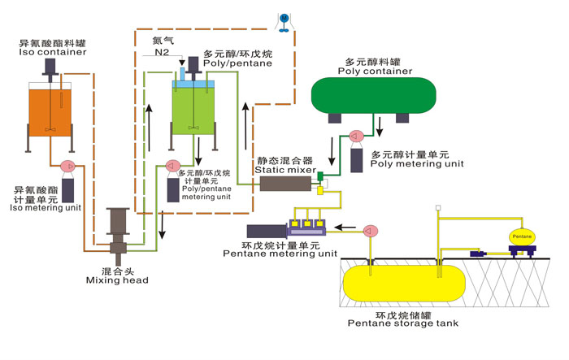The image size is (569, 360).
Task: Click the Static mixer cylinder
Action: click(x=283, y=184)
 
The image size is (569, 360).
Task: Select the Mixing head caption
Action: click(x=117, y=280)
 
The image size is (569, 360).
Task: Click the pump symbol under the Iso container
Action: click(x=67, y=167)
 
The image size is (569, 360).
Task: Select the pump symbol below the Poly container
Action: click(x=354, y=137)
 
